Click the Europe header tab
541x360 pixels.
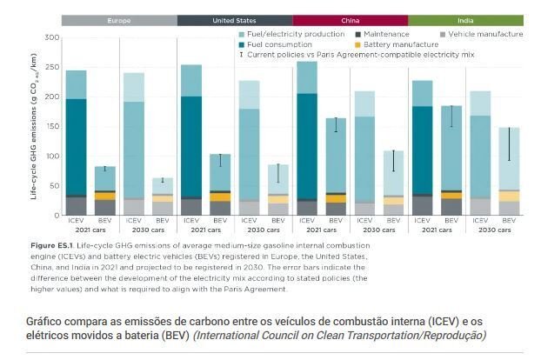[x=119, y=20]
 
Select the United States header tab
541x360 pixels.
[x=234, y=20]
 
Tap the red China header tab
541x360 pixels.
[x=350, y=20]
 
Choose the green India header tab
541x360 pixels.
[x=465, y=20]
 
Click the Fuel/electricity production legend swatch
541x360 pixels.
[x=241, y=34]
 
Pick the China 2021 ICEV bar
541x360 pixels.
[x=306, y=139]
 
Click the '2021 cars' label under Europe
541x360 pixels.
[x=90, y=231]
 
